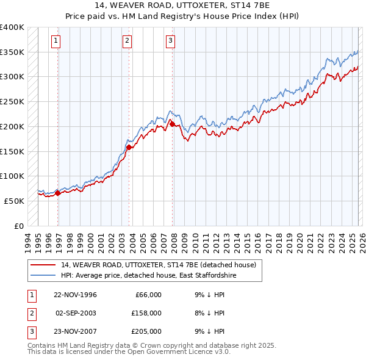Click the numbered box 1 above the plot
pos(56,41)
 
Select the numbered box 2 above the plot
pos(127,41)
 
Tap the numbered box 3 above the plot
pos(170,41)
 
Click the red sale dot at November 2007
pos(172,124)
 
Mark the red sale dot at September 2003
pos(129,147)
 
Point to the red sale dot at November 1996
pos(58,193)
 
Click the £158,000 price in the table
pos(146,313)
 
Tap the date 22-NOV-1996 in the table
pos(76,295)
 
